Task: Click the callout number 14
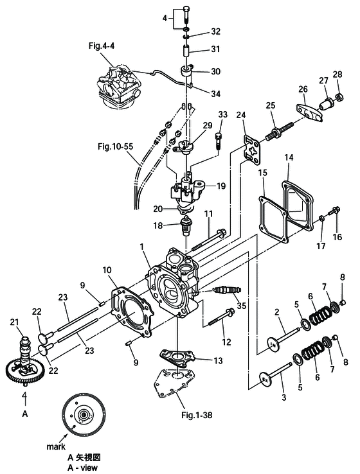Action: pyautogui.click(x=289, y=157)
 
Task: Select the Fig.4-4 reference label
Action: pyautogui.click(x=102, y=46)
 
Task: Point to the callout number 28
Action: pyautogui.click(x=337, y=74)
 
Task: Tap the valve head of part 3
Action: pyautogui.click(x=265, y=380)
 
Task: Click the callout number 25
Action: pyautogui.click(x=271, y=105)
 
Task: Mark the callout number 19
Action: pyautogui.click(x=221, y=186)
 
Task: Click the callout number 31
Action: pyautogui.click(x=215, y=49)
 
